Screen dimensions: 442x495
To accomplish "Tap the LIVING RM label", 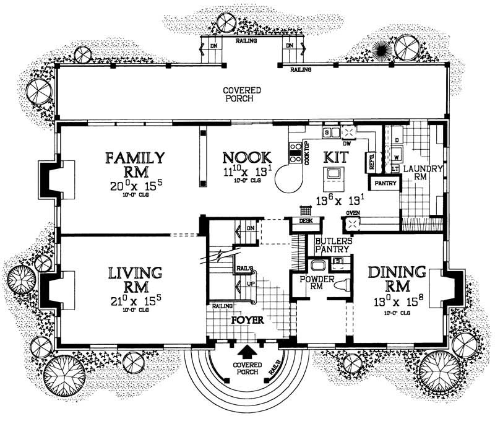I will pos(135,280).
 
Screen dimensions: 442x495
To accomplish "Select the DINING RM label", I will pos(397,280).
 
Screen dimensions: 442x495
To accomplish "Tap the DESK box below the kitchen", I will pos(305,220).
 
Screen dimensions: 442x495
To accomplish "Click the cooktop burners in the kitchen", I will pos(296,152).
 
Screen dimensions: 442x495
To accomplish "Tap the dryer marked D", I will pos(395,140).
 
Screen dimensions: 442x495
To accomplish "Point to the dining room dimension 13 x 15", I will pos(396,303).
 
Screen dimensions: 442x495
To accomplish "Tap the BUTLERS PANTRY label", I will pos(334,245).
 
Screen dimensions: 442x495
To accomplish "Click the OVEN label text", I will pos(353,214).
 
